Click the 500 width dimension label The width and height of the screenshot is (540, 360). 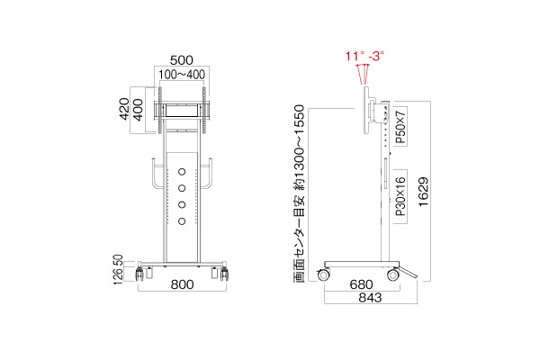tap(182, 60)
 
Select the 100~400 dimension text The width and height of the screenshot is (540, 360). tap(182, 75)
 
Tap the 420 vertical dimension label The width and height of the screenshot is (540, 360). tap(124, 109)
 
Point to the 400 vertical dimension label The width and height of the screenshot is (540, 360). tap(138, 110)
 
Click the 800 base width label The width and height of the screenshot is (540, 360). tap(182, 284)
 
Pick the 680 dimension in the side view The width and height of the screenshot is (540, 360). tap(361, 284)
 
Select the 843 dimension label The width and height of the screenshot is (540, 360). tap(370, 298)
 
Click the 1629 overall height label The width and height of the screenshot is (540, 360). tap(423, 192)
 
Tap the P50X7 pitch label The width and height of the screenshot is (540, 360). tap(400, 127)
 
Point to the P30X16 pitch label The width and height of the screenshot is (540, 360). tap(400, 197)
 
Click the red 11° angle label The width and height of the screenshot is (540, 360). tap(355, 56)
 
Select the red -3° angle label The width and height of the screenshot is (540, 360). tap(376, 56)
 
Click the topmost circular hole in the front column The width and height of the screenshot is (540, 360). tap(182, 172)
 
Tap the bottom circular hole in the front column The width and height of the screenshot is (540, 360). tap(182, 221)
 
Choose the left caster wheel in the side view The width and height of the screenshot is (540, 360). tap(323, 274)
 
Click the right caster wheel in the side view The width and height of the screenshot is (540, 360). tap(393, 274)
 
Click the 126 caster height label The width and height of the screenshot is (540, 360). tap(118, 276)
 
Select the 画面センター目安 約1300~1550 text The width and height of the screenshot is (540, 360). tap(300, 193)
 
